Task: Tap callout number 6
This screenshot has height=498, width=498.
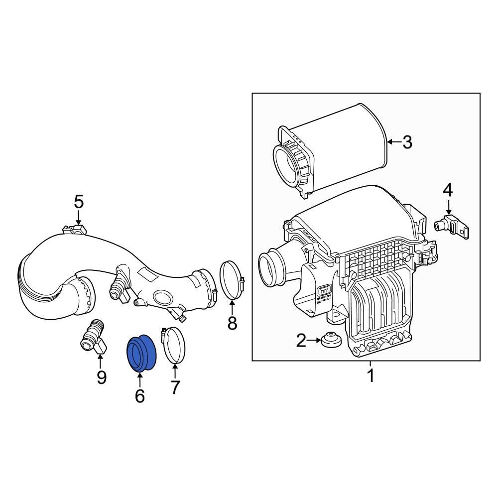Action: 139,396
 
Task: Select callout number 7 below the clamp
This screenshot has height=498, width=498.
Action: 175,387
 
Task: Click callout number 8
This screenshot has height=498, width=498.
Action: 232,323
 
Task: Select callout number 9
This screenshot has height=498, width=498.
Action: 101,377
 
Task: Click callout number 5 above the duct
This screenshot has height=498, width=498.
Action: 79,202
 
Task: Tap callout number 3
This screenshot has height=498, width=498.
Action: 407,142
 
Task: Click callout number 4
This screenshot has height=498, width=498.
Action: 448,190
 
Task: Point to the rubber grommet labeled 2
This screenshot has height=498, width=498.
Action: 330,341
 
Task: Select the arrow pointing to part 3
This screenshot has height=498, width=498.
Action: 394,142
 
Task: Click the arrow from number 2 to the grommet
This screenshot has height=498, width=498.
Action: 314,341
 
